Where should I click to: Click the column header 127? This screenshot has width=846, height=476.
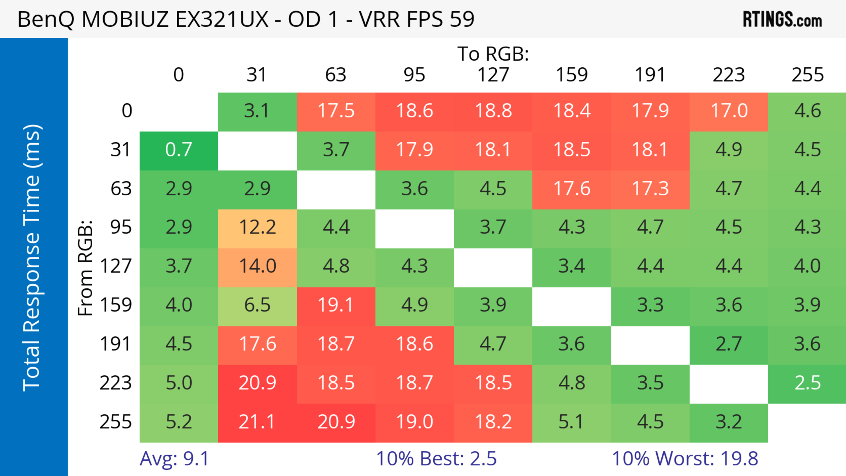(493, 75)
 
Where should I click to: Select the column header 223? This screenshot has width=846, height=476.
(729, 75)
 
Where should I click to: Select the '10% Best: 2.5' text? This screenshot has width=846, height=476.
(436, 459)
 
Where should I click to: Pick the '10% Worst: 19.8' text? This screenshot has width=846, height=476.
(685, 459)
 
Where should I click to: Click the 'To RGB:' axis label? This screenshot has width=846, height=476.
(493, 54)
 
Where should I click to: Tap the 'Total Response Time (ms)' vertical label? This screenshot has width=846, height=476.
(32, 258)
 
